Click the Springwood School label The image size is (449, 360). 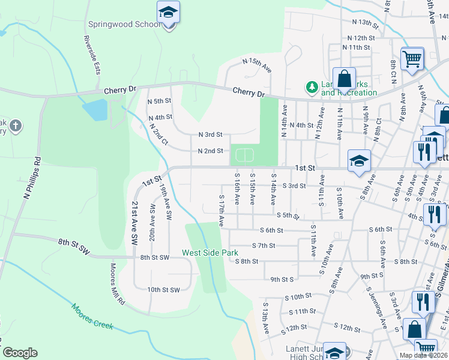[x=124, y=25]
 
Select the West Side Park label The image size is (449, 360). [x=211, y=253]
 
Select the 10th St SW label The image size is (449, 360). [x=163, y=290]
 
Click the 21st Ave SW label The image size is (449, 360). [x=134, y=222]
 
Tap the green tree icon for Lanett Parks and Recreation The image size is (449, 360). [x=312, y=88]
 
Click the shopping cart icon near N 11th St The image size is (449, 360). [x=412, y=59]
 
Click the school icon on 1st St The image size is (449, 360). [x=359, y=161]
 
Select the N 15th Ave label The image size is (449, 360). [x=257, y=65]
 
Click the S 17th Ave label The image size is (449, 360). [x=221, y=210]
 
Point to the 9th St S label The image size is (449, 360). [x=282, y=279]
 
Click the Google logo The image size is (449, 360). [x=20, y=353]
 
